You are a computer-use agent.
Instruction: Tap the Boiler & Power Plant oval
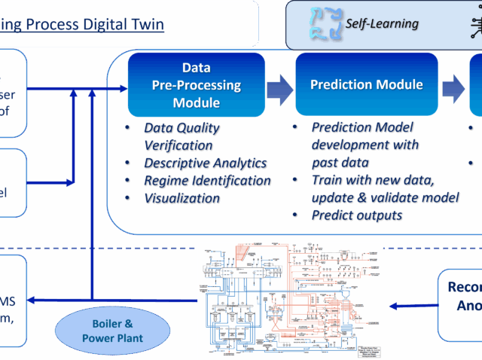(x=112, y=331)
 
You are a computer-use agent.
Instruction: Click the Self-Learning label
(x=382, y=23)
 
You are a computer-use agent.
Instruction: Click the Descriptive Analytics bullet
(x=205, y=163)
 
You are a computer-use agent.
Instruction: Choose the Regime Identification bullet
(x=207, y=181)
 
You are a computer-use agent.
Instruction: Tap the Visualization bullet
(x=182, y=199)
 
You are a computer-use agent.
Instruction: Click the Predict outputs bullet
(x=356, y=215)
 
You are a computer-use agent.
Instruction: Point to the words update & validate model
(x=385, y=197)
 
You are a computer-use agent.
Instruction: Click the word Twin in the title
(x=147, y=24)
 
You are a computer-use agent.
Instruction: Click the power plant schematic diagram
(x=290, y=300)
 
